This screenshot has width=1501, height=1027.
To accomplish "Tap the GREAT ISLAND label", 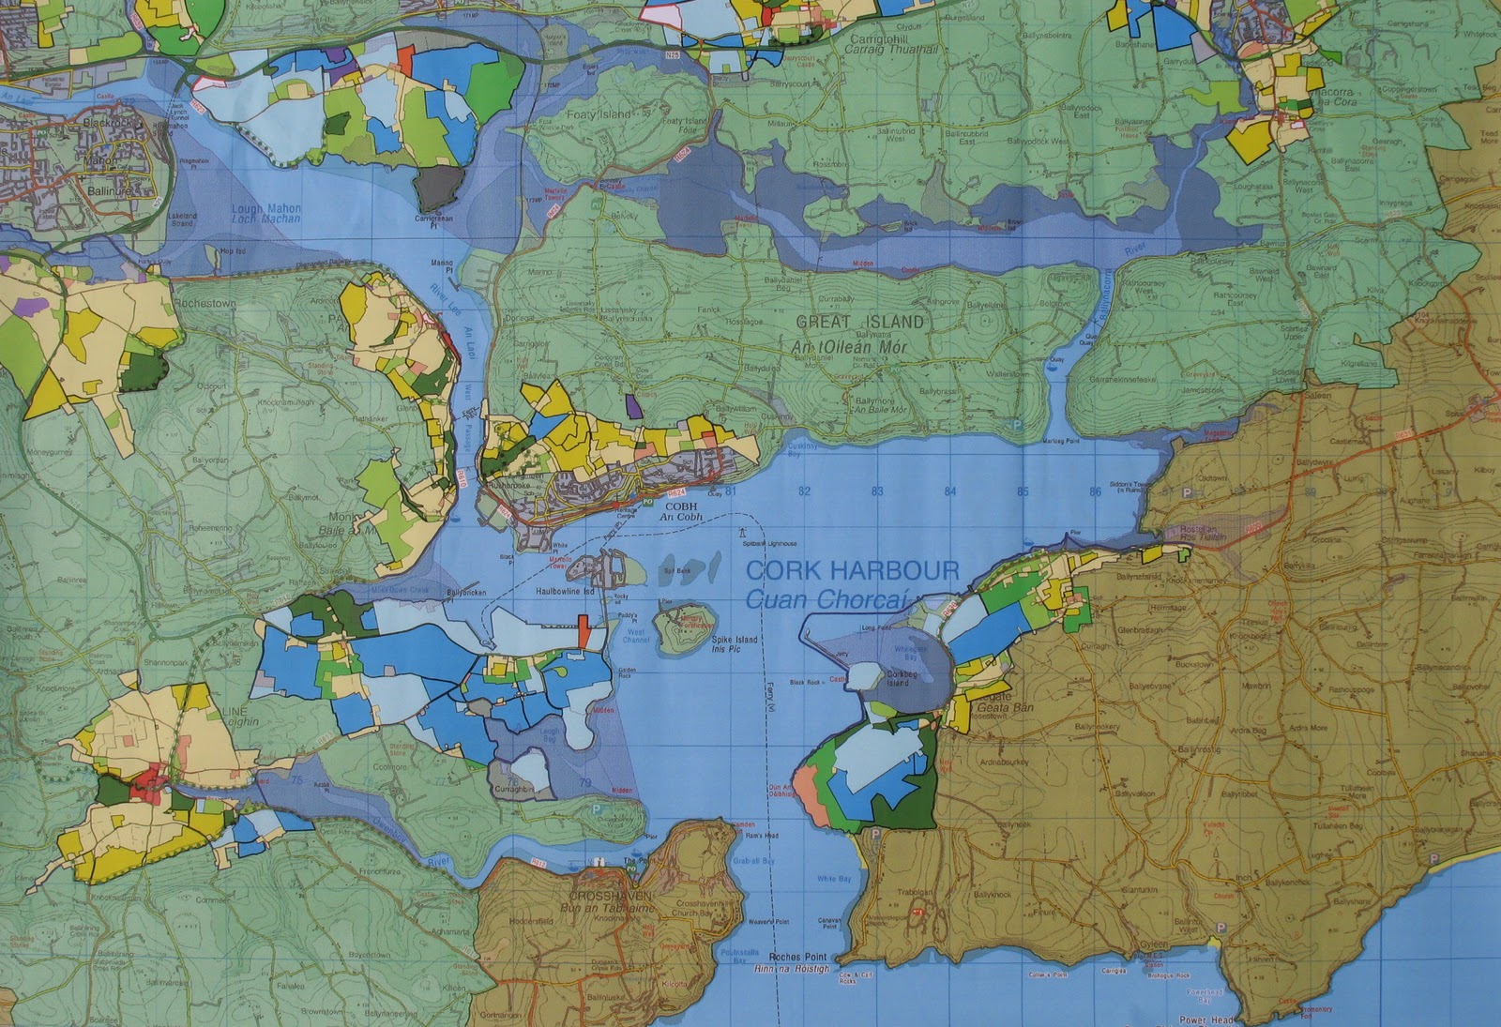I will (x=859, y=322).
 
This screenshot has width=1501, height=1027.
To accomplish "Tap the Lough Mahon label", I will (x=266, y=207).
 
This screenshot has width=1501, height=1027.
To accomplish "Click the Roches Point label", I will (x=801, y=958).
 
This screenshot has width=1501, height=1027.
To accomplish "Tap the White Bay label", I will (x=833, y=879).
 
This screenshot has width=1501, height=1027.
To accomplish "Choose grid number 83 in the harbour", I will (x=877, y=491).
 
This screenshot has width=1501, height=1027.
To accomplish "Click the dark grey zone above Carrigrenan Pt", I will (x=440, y=189).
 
